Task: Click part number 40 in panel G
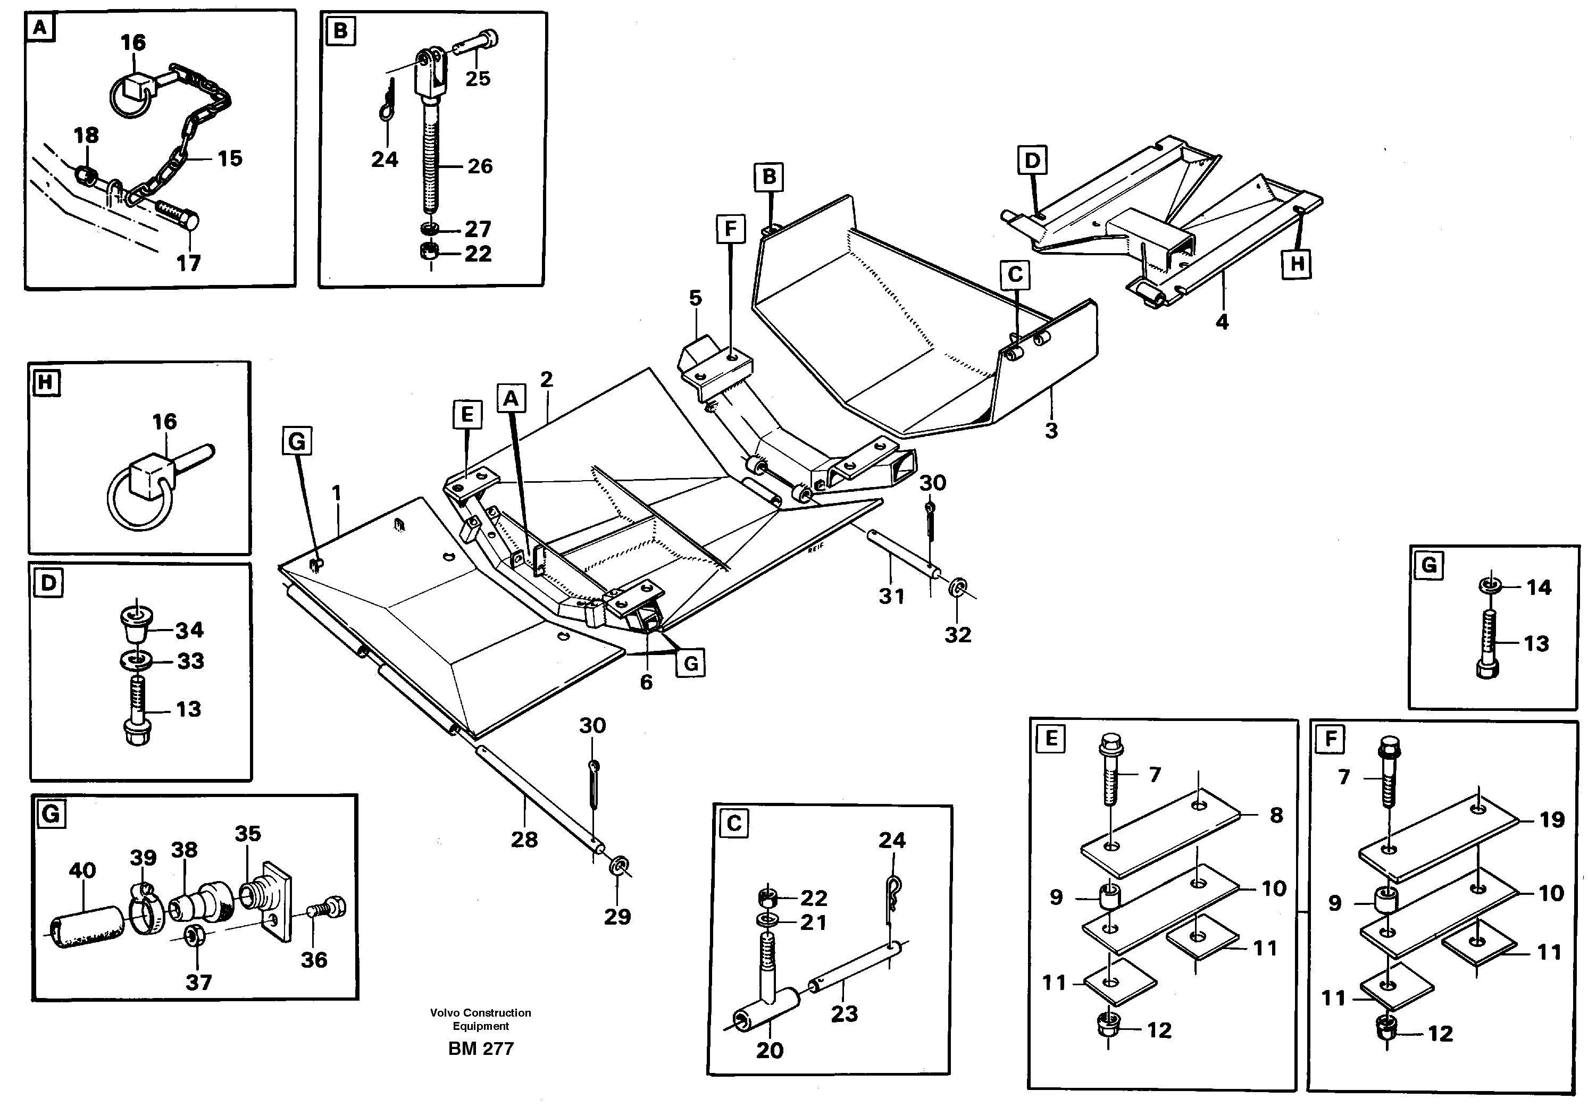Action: (82, 870)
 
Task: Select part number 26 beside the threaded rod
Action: (480, 166)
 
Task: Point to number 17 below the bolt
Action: (188, 263)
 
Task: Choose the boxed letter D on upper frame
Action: (1032, 161)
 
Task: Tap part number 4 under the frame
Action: (1222, 322)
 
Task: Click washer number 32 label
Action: (958, 634)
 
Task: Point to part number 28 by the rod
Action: (524, 840)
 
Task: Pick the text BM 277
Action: (481, 1049)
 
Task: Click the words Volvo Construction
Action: (480, 1013)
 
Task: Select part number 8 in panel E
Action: (1276, 815)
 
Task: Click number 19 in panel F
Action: (1552, 820)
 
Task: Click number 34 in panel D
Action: (189, 630)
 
